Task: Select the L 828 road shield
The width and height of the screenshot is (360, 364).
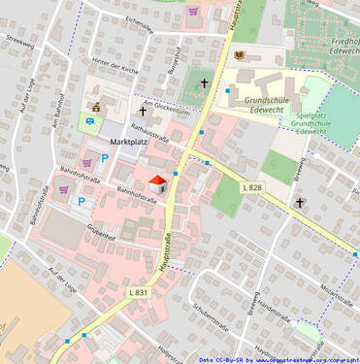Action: tap(252, 186)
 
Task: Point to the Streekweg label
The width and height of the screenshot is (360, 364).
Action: tap(18, 43)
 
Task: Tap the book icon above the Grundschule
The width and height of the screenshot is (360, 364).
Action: tap(238, 55)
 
